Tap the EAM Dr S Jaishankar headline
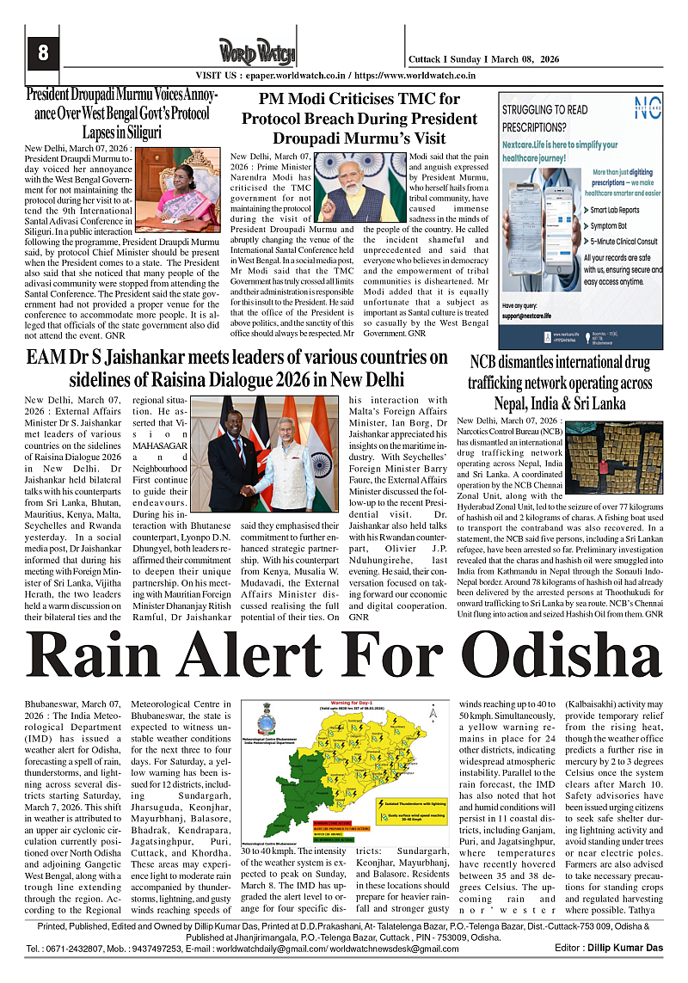(x=236, y=368)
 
